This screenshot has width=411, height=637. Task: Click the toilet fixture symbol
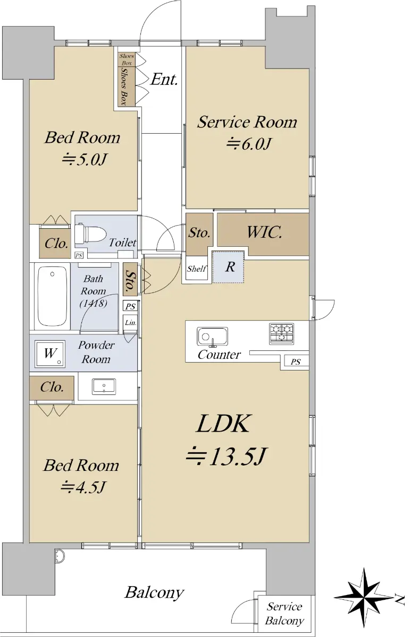(90, 234)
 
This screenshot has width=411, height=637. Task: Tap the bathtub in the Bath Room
(53, 296)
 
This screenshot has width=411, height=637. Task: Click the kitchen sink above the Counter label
(212, 337)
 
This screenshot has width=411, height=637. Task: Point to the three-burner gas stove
(281, 333)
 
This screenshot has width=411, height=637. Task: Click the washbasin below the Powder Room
(104, 386)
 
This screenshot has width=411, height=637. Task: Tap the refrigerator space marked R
(229, 267)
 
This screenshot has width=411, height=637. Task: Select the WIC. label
(264, 232)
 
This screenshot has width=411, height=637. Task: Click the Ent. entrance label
(164, 79)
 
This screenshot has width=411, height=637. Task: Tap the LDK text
(224, 424)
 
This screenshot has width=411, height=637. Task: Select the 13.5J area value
(227, 456)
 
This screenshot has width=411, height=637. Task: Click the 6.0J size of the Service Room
(248, 144)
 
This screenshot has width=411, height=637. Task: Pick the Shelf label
(197, 269)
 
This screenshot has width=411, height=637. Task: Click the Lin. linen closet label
(130, 323)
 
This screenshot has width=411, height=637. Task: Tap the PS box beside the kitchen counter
(296, 361)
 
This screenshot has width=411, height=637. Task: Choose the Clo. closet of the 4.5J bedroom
(52, 388)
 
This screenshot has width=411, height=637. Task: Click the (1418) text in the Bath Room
(94, 304)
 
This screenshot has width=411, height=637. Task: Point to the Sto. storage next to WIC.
(199, 233)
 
